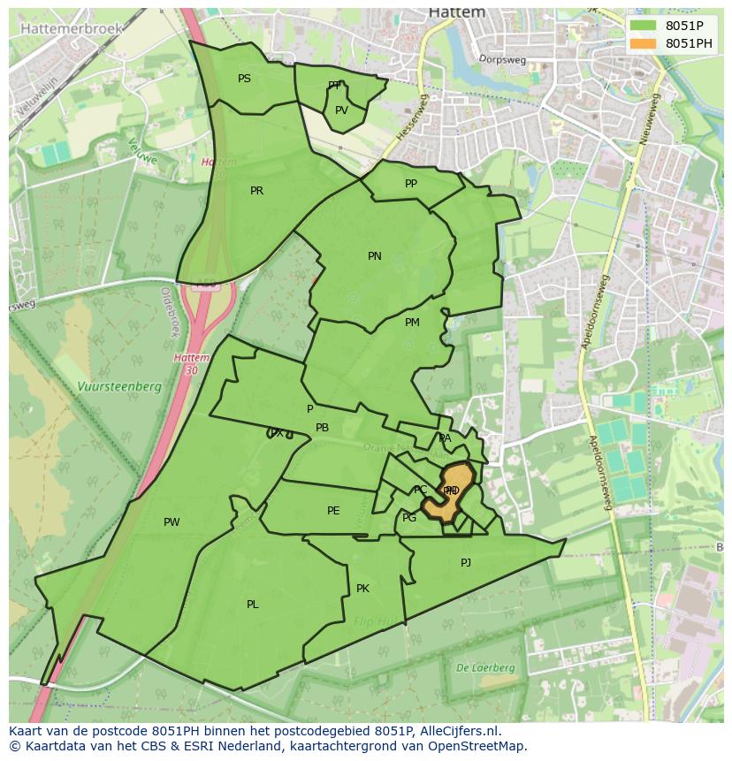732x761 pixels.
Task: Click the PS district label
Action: point(244,79)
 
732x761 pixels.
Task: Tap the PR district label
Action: point(256,191)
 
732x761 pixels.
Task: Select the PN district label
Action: point(375,256)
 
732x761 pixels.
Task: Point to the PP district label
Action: point(411,184)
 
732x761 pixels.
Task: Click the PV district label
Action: point(341,110)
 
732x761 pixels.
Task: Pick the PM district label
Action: point(412,323)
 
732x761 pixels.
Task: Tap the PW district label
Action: point(172,522)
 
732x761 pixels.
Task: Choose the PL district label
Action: point(253,605)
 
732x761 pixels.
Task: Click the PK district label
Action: point(362,589)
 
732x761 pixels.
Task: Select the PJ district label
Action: point(466,562)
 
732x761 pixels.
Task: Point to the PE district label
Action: point(333,511)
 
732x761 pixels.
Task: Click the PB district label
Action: point(322,428)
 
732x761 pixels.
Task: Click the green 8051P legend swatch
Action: point(644,26)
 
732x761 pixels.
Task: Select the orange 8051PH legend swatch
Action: point(644,43)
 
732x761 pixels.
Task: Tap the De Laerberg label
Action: point(485,668)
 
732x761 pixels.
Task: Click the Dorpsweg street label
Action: point(502,59)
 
